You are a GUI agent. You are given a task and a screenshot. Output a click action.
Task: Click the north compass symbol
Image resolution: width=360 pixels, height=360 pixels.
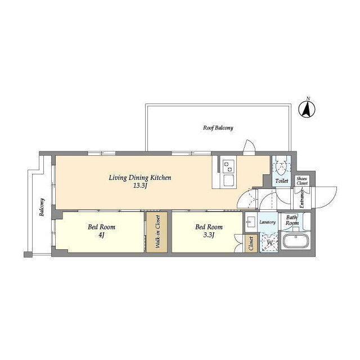coord(307,109)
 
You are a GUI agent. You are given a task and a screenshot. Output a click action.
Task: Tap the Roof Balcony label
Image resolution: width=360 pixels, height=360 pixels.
coord(218,128)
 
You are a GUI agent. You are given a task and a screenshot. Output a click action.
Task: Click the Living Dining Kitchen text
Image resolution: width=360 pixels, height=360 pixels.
coord(140,178)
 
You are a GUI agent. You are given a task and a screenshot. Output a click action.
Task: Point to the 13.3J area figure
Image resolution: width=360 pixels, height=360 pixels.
coord(140,186)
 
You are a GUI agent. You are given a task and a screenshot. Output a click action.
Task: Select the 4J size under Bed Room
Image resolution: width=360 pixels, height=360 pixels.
coord(101,235)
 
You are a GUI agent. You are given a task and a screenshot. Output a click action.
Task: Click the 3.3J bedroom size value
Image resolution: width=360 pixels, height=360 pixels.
coord(209,235)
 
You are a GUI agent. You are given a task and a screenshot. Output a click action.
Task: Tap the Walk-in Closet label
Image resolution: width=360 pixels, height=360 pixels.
coord(157,232)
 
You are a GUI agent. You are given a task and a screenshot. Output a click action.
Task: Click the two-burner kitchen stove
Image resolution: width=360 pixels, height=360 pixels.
coord(228,166)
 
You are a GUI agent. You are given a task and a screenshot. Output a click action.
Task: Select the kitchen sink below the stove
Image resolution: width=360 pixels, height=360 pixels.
coord(228,181)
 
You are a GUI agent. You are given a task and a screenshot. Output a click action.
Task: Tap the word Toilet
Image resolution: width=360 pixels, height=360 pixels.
coord(281,181)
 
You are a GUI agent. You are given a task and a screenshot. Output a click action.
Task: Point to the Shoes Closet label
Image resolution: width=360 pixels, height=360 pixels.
coord(302,181)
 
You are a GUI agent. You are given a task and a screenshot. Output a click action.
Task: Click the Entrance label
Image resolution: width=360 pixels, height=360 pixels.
coord(301,199)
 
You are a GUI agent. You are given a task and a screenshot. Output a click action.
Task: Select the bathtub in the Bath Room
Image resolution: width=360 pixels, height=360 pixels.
coord(296,241)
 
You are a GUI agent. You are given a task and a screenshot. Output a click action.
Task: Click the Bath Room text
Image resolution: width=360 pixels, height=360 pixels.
coord(292,220)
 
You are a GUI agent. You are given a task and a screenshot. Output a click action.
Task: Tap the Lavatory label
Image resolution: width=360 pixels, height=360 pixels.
coord(268,222)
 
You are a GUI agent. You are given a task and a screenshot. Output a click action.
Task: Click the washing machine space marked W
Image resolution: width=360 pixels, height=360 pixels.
coord(269,242)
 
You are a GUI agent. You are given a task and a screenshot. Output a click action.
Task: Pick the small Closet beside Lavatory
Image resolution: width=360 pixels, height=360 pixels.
coord(251,244)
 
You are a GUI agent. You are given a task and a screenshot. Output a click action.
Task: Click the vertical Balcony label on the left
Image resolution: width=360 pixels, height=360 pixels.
coord(42,207)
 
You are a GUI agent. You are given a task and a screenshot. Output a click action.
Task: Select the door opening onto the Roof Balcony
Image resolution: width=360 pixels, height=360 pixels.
coord(249,147)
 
